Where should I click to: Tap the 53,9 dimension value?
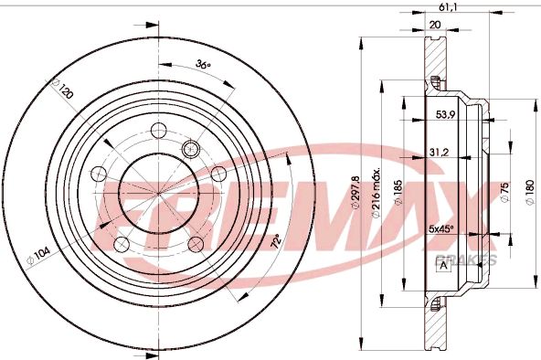pyautogui.click(x=444, y=116)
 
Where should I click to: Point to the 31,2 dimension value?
pyautogui.click(x=438, y=153)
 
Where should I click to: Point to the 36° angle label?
pyautogui.click(x=203, y=65)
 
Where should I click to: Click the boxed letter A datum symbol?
pyautogui.click(x=443, y=266)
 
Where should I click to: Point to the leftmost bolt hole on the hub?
pyautogui.click(x=98, y=172)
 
